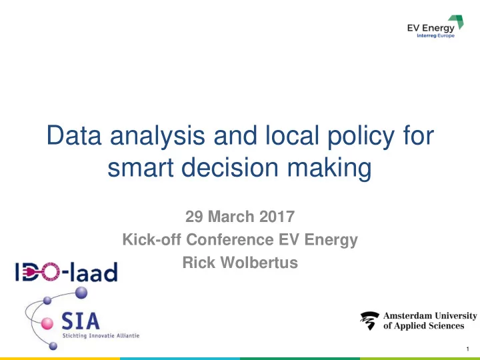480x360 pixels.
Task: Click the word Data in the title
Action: point(74,135)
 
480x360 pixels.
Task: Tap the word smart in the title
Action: point(141,167)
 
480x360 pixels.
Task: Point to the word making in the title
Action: point(329,169)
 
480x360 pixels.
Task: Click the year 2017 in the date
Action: point(277,217)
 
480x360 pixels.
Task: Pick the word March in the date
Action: point(231,217)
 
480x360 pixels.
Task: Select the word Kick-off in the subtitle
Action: point(151,239)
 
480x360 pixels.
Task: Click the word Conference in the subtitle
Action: point(230,239)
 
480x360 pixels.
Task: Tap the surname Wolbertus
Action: point(259,263)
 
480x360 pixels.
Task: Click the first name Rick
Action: point(199,263)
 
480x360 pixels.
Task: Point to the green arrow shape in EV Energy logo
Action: point(457,22)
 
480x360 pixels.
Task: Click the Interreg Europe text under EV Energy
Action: point(435,36)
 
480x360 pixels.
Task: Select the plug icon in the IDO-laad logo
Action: point(33,272)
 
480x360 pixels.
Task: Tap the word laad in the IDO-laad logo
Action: point(94,272)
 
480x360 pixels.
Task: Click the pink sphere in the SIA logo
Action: point(47,323)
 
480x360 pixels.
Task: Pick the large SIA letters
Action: point(81,321)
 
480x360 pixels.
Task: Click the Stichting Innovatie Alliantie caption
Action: point(101,335)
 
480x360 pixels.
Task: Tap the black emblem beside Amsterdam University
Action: point(370,321)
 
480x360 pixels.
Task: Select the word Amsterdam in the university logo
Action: point(407,315)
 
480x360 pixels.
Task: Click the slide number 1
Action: point(468,349)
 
